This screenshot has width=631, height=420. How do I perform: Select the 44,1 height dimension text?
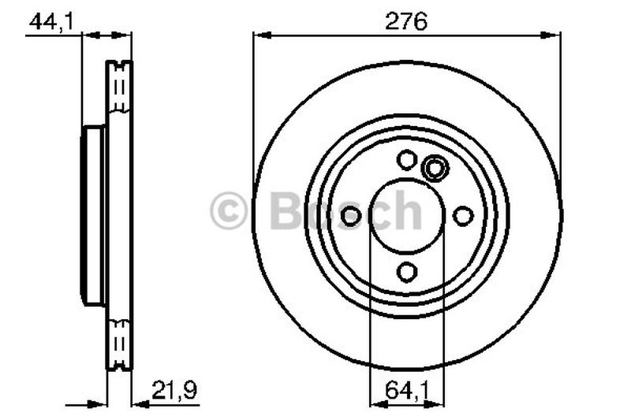click(50, 22)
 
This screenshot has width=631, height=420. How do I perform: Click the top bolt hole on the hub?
click(407, 160)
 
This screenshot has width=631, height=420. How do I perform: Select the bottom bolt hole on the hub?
click(407, 273)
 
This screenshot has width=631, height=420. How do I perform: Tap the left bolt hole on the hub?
click(351, 216)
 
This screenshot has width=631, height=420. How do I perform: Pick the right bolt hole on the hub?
click(464, 216)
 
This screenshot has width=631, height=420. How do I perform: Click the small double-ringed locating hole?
click(434, 167)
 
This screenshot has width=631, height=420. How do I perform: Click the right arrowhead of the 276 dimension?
click(554, 35)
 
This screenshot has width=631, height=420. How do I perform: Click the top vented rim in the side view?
click(120, 87)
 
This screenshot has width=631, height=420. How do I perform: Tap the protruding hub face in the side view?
click(92, 216)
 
